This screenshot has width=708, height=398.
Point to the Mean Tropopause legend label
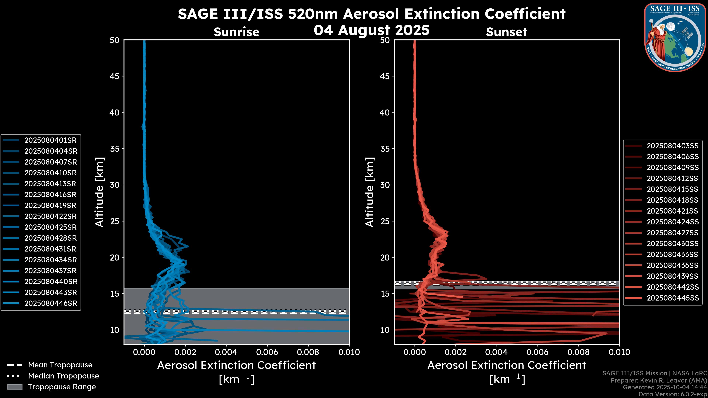click(60, 365)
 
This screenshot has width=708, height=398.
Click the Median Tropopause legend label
click(63, 376)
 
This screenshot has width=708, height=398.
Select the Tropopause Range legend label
click(62, 387)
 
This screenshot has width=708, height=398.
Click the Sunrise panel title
click(236, 32)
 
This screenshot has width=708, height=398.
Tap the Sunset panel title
click(506, 32)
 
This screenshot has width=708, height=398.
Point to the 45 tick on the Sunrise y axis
click(115, 76)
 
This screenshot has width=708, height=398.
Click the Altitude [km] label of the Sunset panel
click(370, 192)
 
